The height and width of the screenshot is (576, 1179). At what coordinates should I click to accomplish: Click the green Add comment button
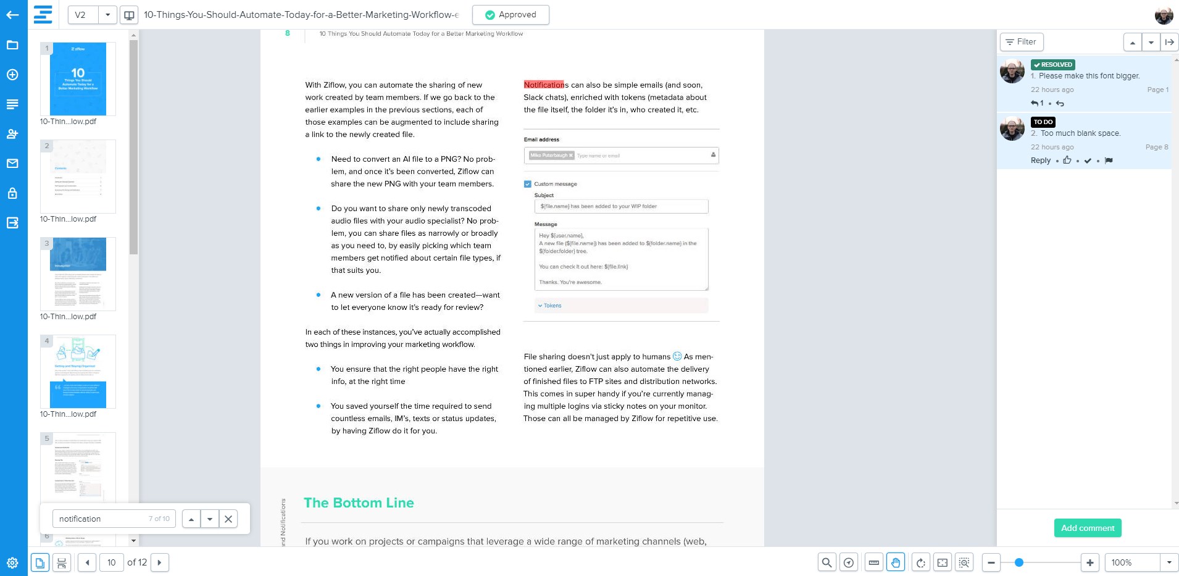(x=1087, y=528)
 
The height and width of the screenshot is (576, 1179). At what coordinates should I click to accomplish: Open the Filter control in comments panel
(x=1021, y=42)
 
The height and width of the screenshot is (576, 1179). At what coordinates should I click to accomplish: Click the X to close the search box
(x=228, y=519)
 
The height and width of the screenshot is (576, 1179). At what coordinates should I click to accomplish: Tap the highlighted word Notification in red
(x=544, y=85)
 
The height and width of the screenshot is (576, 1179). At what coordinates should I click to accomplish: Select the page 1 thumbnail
(x=78, y=79)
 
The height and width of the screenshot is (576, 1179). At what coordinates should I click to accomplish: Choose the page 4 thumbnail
(x=78, y=372)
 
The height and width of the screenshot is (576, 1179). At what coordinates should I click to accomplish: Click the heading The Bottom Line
(x=359, y=503)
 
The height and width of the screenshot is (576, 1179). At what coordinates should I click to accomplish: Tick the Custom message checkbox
(x=528, y=184)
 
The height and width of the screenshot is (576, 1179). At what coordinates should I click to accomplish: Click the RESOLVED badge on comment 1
(x=1053, y=65)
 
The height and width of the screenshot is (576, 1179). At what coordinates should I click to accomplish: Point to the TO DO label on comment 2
(x=1043, y=122)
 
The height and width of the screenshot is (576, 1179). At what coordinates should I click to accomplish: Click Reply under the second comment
(x=1040, y=161)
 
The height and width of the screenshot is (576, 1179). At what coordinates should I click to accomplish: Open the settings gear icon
(x=12, y=562)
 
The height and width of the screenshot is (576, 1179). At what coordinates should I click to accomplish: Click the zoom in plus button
(x=1090, y=562)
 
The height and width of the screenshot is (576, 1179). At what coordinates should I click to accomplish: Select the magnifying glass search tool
(x=827, y=562)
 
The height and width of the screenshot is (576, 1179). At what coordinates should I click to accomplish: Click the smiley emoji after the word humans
(x=677, y=356)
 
